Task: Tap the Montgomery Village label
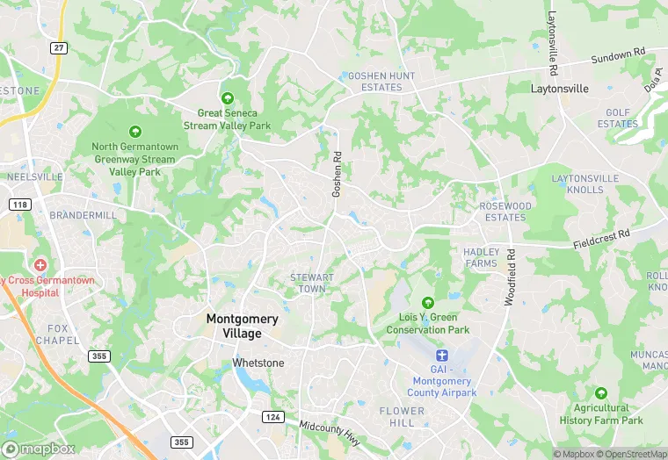(x=242, y=326)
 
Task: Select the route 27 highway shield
(x=59, y=47)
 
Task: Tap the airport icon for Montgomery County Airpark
(x=442, y=355)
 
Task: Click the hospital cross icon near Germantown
(x=40, y=264)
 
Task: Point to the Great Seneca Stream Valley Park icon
(x=228, y=97)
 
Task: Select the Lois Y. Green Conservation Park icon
(x=428, y=303)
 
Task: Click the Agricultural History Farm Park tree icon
(x=601, y=392)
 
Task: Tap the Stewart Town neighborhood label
(x=312, y=283)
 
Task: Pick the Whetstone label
(x=258, y=363)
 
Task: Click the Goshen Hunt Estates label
(x=381, y=82)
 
